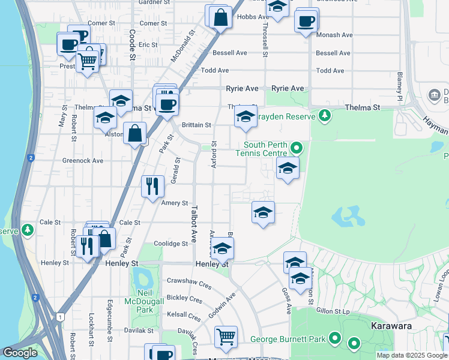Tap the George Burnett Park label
click(x=288, y=339)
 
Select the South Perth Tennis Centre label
click(x=266, y=149)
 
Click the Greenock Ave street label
click(x=83, y=161)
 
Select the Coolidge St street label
click(x=170, y=244)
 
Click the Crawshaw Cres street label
click(x=188, y=280)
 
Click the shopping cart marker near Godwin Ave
click(x=226, y=336)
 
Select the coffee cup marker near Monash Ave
click(x=306, y=22)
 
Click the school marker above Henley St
click(x=222, y=248)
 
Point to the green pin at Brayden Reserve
click(x=325, y=115)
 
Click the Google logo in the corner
click(x=20, y=353)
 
